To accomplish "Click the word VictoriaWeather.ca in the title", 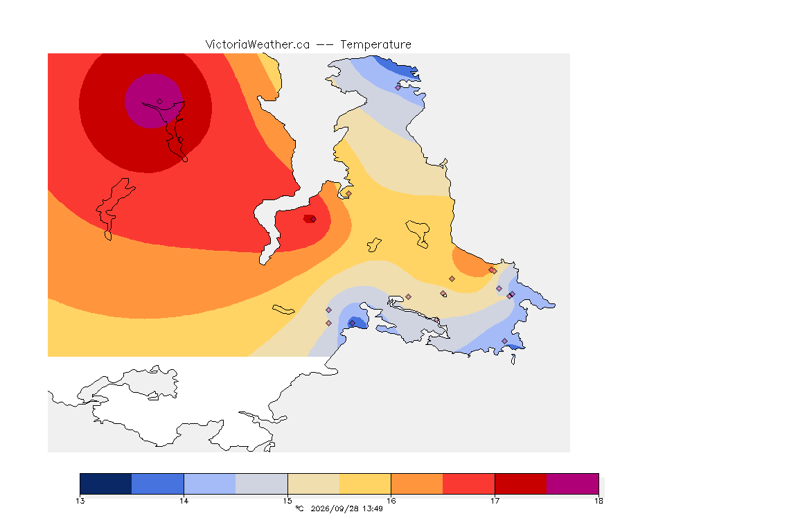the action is pos(258,45).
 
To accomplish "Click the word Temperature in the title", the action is pos(375,45).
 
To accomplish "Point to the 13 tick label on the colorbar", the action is pos(80,501).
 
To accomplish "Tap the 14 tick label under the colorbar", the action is pos(184,501).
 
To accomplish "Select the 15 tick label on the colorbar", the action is pos(287,501).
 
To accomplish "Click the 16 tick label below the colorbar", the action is pos(391,501).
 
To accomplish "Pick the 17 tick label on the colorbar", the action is pos(495,501).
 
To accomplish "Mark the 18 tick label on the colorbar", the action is pos(598,501).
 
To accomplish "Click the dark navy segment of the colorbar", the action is pos(106,484).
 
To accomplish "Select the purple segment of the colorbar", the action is pos(573,484).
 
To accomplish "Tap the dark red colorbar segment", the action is pos(521,484).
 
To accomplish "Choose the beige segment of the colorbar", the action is pos(314,484).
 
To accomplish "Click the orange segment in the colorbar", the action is pos(417,484).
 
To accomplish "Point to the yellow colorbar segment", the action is pos(365,484).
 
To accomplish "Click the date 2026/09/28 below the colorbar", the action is pos(335,508).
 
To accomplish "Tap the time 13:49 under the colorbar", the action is pos(373,508).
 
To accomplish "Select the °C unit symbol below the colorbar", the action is pos(299,508).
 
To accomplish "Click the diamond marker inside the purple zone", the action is pos(160,102).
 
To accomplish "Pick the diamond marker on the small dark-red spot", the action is pos(313,220).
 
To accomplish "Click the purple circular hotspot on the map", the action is pos(153,101).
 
